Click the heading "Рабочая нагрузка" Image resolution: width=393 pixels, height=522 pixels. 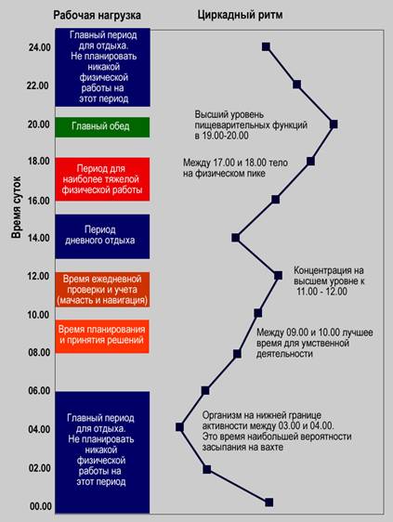(x=97, y=15)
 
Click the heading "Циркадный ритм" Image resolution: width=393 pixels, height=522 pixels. (x=240, y=15)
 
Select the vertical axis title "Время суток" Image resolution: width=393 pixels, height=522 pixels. (x=17, y=207)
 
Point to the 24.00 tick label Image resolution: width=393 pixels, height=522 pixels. (x=40, y=47)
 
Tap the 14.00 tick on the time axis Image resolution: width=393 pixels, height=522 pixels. (x=39, y=238)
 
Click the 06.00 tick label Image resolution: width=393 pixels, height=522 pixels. (x=39, y=390)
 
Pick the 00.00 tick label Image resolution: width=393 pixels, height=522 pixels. (x=41, y=506)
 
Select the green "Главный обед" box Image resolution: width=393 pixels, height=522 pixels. (x=102, y=127)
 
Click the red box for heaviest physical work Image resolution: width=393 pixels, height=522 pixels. (x=102, y=179)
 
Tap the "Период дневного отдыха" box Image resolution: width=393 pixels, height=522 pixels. (x=102, y=236)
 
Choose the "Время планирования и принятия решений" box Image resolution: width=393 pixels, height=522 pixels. (x=102, y=336)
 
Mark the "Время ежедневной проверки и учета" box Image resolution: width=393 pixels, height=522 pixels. (x=102, y=289)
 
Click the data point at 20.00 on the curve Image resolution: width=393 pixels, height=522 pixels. (x=334, y=124)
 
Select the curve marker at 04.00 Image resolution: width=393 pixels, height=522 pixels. (x=179, y=426)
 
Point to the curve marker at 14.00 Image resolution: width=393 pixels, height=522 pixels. (x=235, y=238)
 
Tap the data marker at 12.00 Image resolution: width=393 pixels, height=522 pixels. (x=278, y=275)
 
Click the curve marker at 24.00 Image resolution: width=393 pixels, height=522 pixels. (x=266, y=46)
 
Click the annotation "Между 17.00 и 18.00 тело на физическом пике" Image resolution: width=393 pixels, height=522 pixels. (x=235, y=168)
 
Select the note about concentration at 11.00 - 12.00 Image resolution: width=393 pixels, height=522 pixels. (x=329, y=281)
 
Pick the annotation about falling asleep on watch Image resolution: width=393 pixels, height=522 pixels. (x=277, y=431)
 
